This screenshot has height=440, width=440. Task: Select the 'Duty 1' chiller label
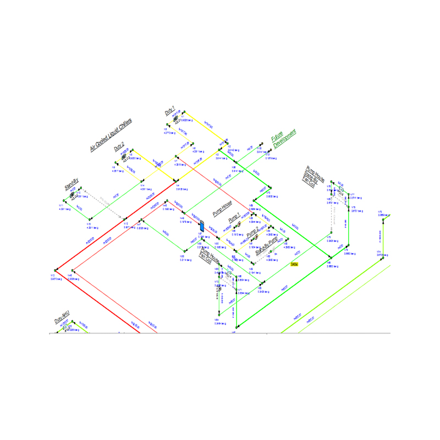[170, 110]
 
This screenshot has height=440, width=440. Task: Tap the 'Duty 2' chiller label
[119, 146]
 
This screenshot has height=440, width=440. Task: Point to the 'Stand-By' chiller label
[72, 184]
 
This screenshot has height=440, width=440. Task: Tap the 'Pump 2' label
[252, 233]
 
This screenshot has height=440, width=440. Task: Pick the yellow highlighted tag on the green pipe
[294, 264]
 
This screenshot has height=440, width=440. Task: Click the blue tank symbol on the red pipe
[201, 226]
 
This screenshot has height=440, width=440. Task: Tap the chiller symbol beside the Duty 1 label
[175, 118]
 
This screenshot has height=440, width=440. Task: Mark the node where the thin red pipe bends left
[70, 271]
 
